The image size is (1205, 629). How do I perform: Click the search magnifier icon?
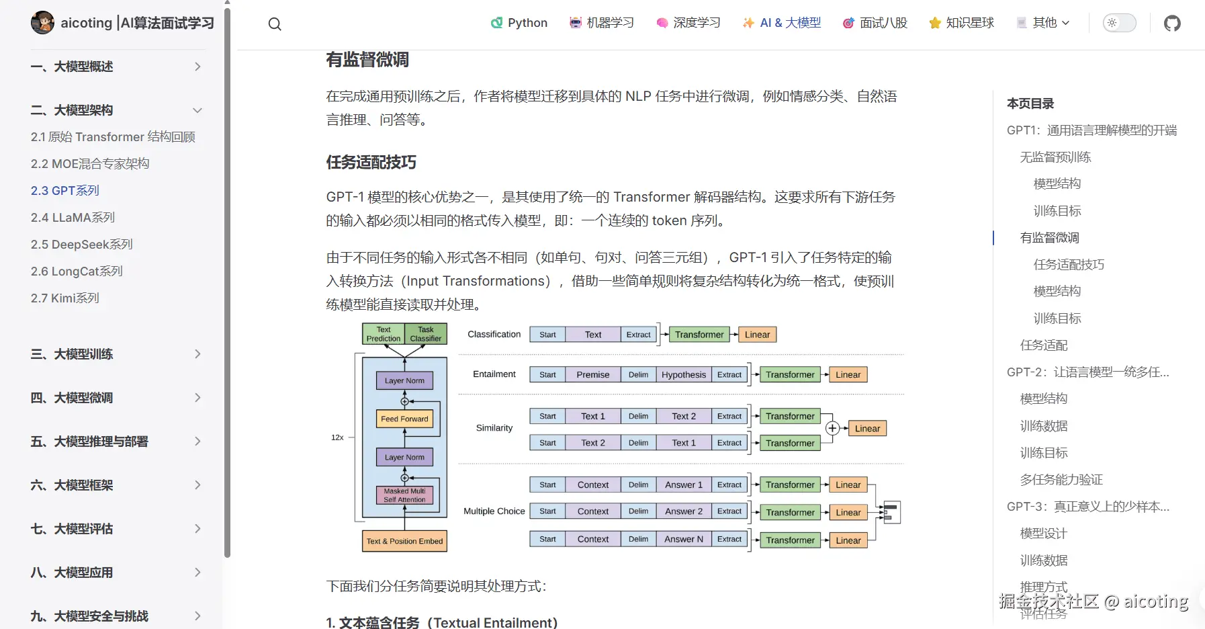tap(275, 24)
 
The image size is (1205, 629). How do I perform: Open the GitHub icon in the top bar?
tap(1172, 24)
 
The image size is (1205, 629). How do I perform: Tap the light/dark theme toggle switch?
tap(1119, 23)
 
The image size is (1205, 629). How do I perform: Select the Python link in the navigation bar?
tap(519, 23)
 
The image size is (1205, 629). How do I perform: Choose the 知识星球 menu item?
tap(961, 23)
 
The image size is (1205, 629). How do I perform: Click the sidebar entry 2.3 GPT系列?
tap(65, 191)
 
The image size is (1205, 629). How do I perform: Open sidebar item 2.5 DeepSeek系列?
tap(82, 245)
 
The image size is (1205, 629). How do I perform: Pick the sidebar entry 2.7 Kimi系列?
tap(65, 298)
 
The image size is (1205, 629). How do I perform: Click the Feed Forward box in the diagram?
tap(404, 419)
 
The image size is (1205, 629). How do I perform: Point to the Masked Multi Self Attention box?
tap(404, 495)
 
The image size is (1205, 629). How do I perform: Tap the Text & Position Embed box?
tap(404, 541)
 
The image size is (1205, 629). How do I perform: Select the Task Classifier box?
tap(426, 334)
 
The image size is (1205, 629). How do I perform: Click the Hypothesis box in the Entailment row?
tap(684, 375)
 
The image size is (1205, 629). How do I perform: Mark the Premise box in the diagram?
tap(593, 375)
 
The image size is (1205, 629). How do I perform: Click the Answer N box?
tap(684, 539)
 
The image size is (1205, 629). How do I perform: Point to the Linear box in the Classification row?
tap(757, 335)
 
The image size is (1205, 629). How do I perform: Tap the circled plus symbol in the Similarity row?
tap(832, 428)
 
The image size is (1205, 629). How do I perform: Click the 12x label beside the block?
tap(337, 437)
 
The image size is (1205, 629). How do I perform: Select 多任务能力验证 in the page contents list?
tap(1061, 480)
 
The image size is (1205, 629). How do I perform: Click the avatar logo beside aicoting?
tap(42, 23)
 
